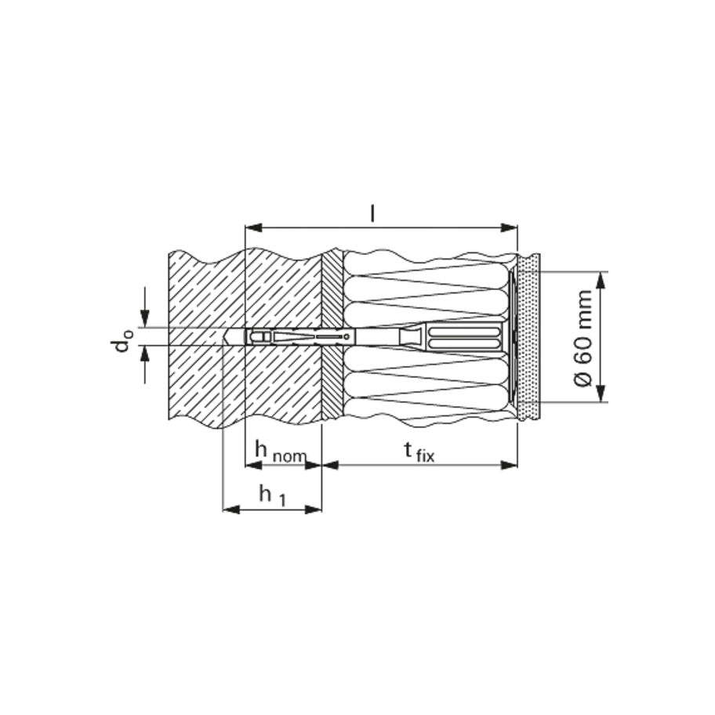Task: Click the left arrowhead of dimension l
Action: tap(252, 228)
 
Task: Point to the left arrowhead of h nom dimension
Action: tap(252, 464)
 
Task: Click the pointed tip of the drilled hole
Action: tap(225, 336)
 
